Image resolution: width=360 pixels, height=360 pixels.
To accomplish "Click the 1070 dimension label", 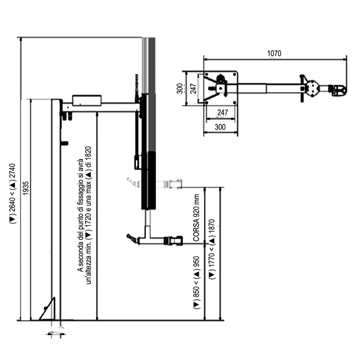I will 274,53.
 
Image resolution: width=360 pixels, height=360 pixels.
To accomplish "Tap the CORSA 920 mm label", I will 196,218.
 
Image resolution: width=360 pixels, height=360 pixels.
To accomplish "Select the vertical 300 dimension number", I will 180,89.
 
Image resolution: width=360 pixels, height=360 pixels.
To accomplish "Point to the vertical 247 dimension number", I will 193,89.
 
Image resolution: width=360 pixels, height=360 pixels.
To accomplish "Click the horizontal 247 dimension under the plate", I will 222,113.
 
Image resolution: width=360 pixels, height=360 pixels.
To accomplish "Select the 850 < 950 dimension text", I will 196,282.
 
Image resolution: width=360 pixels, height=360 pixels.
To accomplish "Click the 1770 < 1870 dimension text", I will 212,249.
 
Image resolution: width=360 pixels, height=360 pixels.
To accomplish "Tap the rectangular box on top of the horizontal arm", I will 87,100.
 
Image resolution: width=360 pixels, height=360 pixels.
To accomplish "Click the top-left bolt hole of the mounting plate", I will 206,74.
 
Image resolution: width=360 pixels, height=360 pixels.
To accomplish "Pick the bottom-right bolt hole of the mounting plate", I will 234,103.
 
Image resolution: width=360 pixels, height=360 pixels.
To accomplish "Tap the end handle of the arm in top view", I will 340,90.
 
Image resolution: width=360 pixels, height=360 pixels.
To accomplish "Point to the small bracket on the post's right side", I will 64,143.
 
